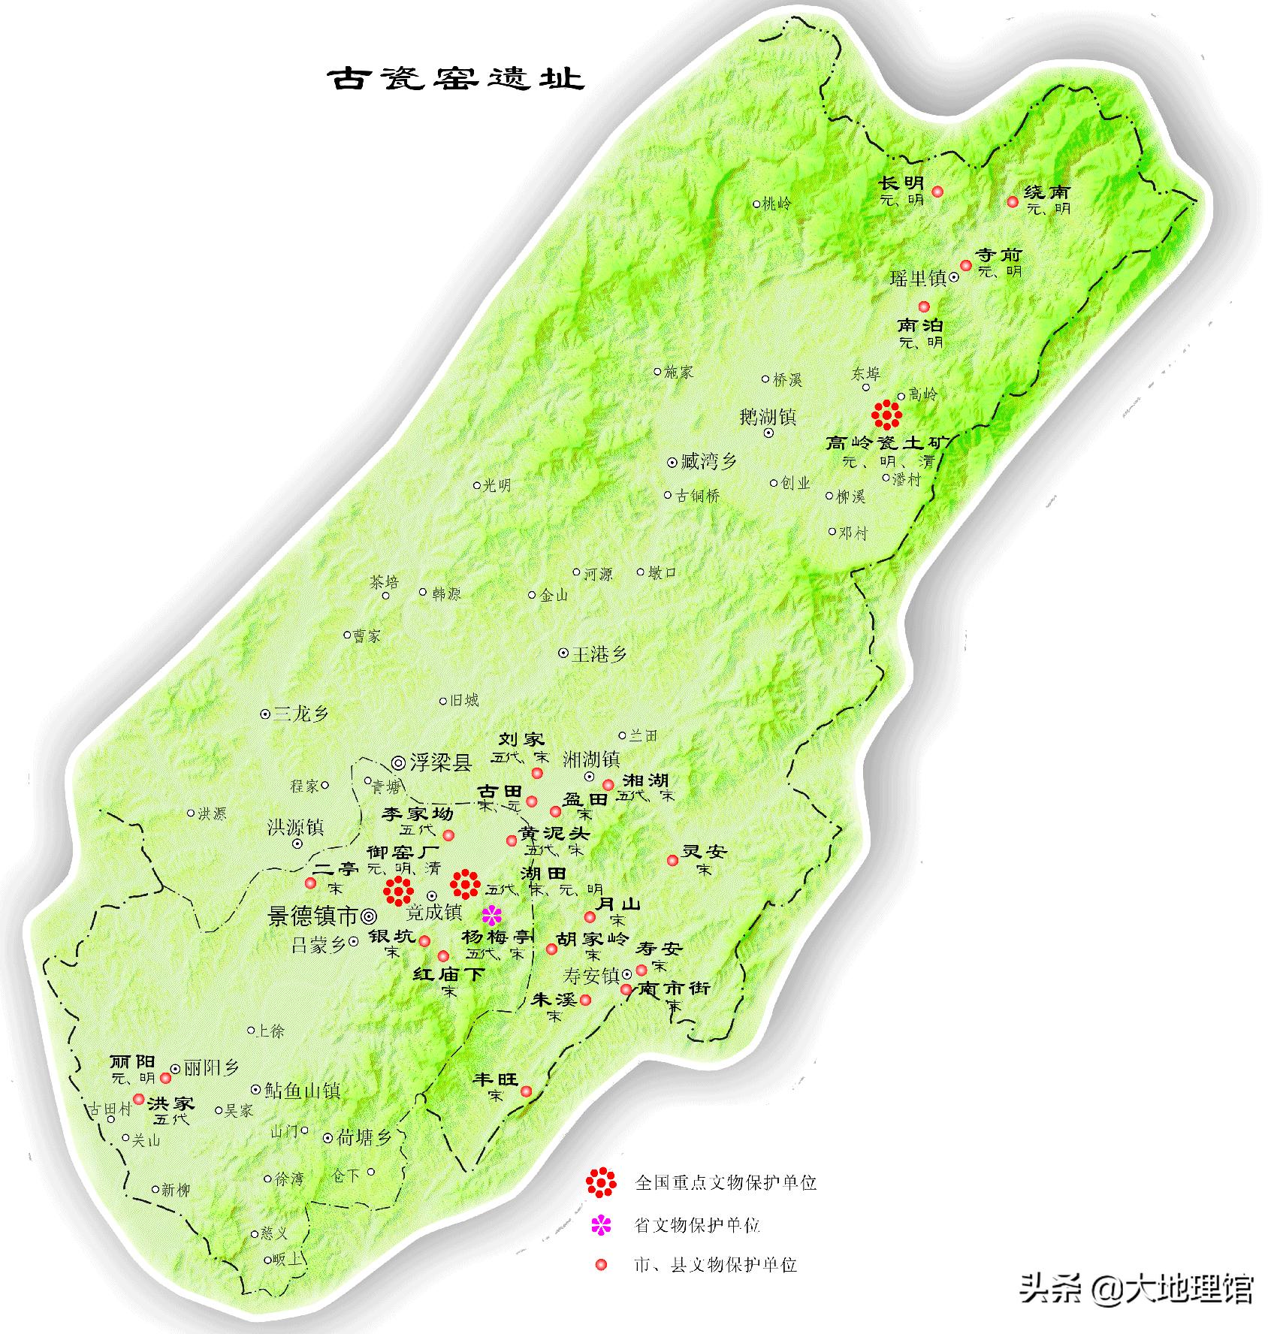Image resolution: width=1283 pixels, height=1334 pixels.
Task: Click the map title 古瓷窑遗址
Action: [456, 78]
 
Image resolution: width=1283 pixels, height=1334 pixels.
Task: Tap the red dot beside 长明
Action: [937, 192]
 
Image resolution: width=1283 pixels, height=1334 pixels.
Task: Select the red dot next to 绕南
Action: [1013, 201]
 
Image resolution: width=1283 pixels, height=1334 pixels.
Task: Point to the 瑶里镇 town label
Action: [918, 278]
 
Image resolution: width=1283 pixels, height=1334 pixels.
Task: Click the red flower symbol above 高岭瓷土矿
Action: [887, 414]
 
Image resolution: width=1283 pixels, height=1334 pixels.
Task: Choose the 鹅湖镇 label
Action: [768, 417]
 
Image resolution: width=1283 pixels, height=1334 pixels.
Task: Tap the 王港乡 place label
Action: [599, 654]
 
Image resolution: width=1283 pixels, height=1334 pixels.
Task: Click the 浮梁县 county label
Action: [440, 762]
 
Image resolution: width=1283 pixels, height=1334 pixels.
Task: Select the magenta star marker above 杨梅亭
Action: [492, 914]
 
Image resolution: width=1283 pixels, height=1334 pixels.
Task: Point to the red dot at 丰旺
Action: [527, 1091]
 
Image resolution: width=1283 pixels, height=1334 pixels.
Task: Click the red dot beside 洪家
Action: [139, 1099]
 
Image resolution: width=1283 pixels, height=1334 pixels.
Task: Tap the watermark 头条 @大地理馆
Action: [1136, 1287]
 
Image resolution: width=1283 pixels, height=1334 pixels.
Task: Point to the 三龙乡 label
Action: [300, 714]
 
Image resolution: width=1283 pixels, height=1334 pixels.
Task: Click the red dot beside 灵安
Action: [673, 860]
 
